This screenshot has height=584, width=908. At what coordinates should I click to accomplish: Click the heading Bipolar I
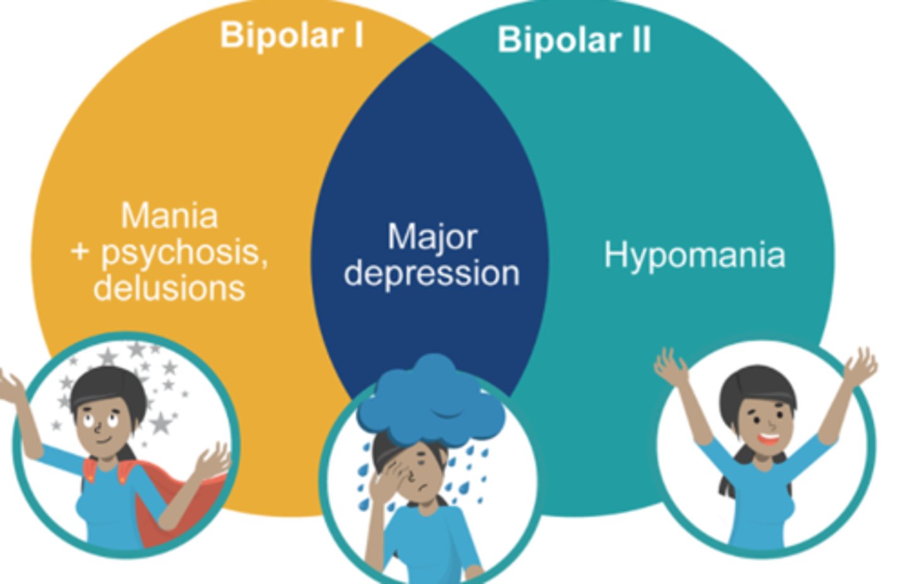[291, 35]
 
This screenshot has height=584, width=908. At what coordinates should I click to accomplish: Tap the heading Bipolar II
[574, 40]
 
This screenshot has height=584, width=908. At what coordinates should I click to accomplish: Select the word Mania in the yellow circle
[170, 215]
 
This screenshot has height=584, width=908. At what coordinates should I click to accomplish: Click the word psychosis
[184, 252]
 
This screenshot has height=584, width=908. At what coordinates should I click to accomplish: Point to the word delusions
[169, 288]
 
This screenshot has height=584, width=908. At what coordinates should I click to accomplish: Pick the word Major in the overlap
[432, 237]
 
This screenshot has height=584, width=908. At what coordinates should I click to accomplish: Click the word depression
[432, 273]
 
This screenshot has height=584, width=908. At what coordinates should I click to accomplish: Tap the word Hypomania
[694, 255]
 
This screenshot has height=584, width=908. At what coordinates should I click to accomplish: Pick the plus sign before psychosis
[81, 252]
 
